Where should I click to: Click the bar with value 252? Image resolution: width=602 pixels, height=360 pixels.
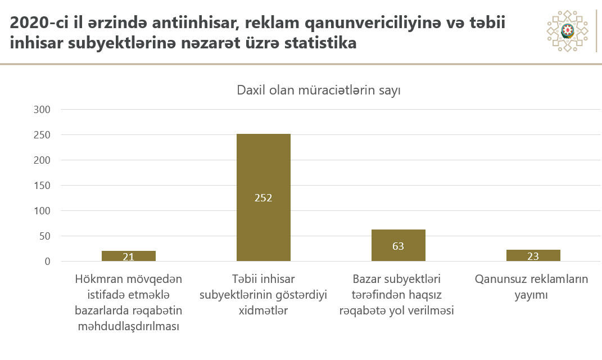click(x=263, y=169)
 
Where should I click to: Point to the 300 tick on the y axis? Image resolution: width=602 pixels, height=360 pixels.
click(x=43, y=110)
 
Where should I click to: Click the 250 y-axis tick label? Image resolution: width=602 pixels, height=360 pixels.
click(x=43, y=135)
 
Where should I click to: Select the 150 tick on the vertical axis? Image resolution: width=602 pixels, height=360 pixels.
click(x=43, y=186)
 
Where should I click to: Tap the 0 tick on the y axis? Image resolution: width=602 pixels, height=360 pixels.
click(x=48, y=262)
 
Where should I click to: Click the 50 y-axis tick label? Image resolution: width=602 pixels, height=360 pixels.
click(x=46, y=236)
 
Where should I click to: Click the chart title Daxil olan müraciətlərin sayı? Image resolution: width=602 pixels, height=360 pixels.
click(x=318, y=91)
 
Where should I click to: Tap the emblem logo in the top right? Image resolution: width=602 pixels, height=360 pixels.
click(x=567, y=31)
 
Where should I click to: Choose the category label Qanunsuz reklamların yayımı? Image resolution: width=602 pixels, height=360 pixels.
click(x=532, y=287)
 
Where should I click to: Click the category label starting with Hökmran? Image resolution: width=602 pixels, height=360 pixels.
click(x=129, y=303)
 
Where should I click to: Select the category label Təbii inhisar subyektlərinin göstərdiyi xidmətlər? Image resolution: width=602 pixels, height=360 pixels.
click(x=264, y=295)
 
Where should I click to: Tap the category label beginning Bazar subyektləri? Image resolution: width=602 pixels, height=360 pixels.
click(x=397, y=295)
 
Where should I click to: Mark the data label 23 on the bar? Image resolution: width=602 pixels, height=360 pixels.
click(x=533, y=256)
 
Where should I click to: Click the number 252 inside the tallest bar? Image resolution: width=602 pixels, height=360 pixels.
click(x=263, y=198)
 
